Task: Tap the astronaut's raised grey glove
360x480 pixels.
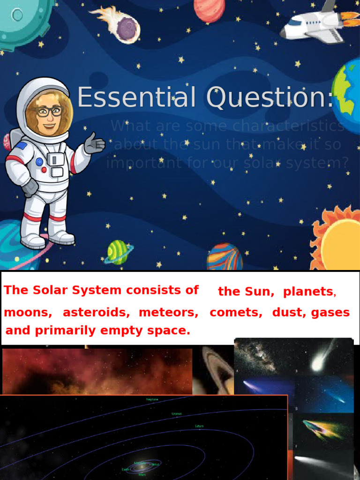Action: pos(94,143)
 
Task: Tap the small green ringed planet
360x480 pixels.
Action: pos(118,252)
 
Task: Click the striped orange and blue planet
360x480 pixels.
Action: pos(225,257)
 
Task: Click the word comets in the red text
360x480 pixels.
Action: pos(236,312)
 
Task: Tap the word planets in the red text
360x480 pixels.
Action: pos(308,292)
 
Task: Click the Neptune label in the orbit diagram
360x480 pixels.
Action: pos(152,399)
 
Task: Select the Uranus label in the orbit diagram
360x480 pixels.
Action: pos(176,414)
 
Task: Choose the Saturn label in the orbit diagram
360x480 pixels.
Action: pos(199,426)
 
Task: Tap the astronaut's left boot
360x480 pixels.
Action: pos(33,240)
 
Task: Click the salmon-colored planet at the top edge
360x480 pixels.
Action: pos(210,10)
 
